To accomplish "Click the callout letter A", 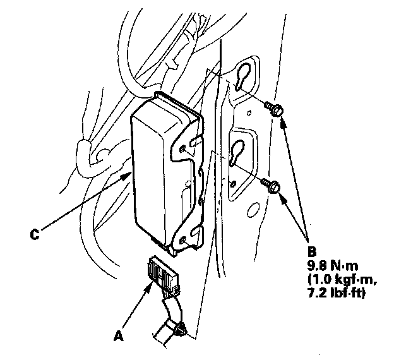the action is tap(116, 337).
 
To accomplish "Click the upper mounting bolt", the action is tap(274, 108).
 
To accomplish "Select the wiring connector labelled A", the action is tap(160, 275).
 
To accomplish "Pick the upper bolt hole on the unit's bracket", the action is tap(183, 149).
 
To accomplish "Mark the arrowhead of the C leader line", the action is tap(129, 174).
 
